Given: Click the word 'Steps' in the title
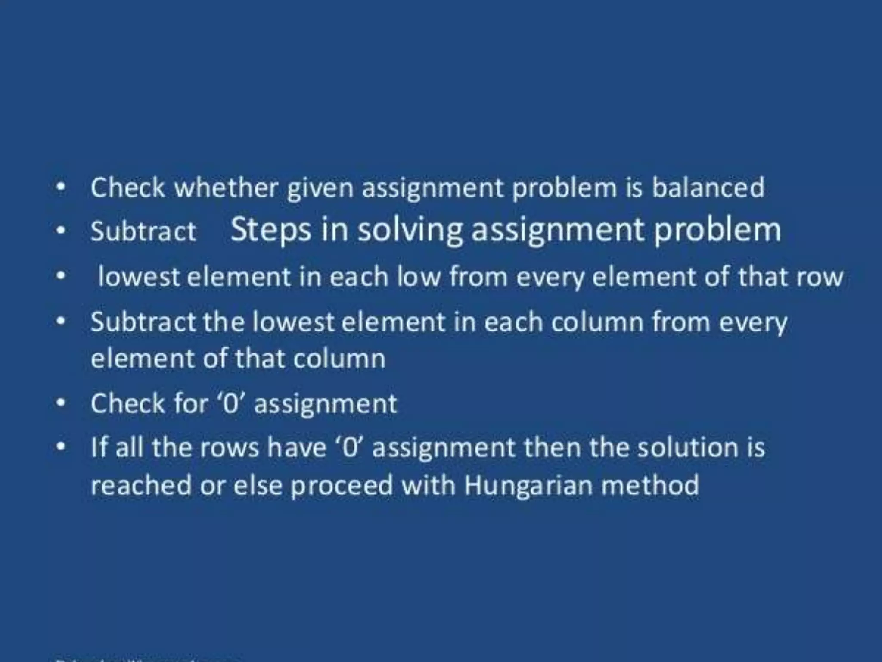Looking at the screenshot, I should (x=270, y=230).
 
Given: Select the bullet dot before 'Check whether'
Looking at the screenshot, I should (x=62, y=187).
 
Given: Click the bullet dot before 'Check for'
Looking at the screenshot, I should (x=62, y=403).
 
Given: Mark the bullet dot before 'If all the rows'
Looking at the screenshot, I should (x=62, y=447).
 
